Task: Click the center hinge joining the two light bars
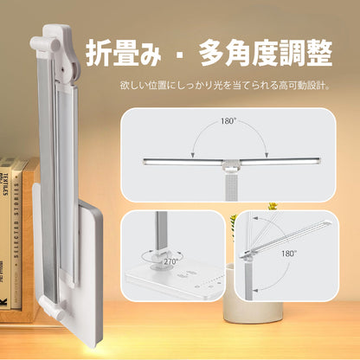tap(230, 163)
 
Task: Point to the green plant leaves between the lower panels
tap(232, 227)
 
